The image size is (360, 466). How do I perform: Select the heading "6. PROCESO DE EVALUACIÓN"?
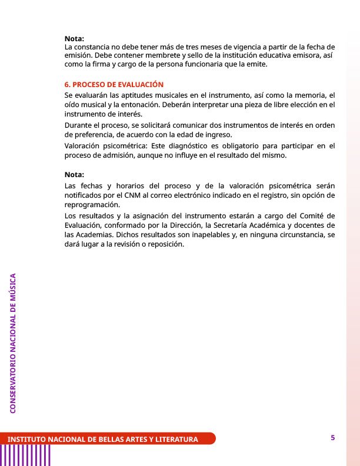[x=114, y=85]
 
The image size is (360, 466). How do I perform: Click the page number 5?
[x=333, y=437]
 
